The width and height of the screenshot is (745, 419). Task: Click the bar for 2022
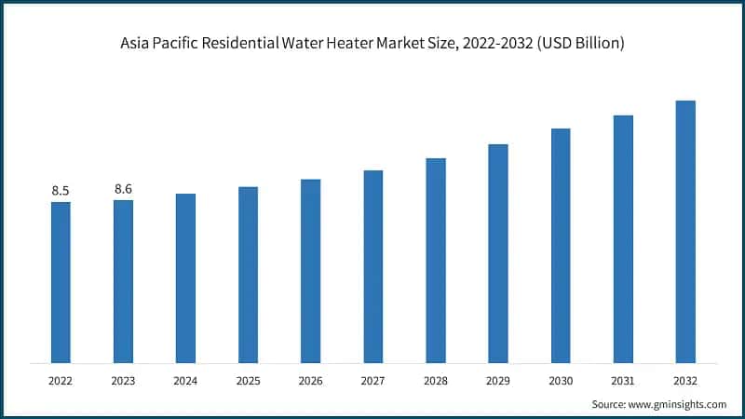click(x=61, y=282)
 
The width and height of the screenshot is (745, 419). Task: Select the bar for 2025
click(x=248, y=275)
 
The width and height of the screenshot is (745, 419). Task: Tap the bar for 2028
click(x=436, y=260)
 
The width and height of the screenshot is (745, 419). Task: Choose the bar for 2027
click(x=373, y=266)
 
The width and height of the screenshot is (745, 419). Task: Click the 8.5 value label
click(x=61, y=191)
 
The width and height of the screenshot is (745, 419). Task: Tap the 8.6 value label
click(x=123, y=189)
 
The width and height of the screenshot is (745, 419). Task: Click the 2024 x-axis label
click(x=185, y=381)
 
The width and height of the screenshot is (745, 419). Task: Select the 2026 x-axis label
click(x=310, y=381)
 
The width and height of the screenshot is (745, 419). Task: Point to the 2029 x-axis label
click(x=498, y=381)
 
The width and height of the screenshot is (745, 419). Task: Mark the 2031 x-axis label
click(x=623, y=381)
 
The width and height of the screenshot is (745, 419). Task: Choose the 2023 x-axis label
click(x=123, y=381)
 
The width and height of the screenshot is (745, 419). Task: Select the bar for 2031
click(x=623, y=238)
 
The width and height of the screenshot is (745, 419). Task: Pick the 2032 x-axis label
click(x=685, y=381)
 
